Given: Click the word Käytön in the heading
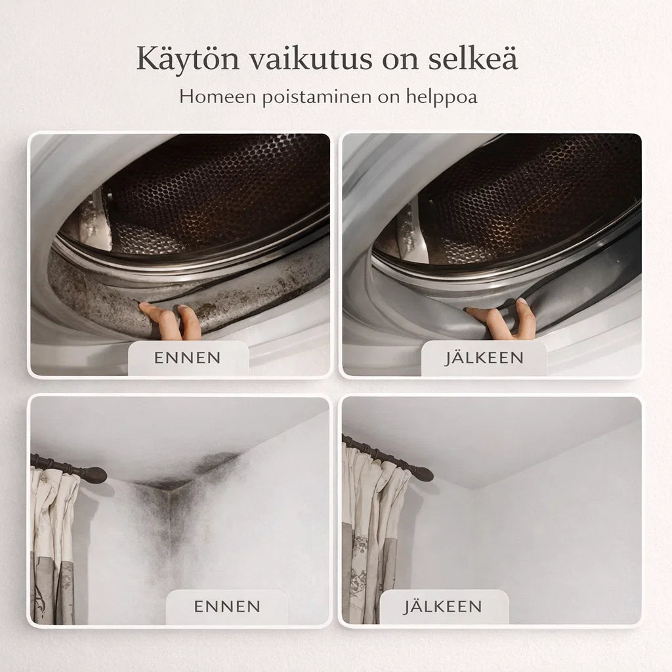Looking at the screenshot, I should (186, 58).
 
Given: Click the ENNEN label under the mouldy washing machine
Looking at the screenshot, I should (188, 358).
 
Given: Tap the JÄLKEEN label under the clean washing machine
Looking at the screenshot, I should (484, 358).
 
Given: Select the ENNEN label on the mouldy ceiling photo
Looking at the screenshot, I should (227, 606).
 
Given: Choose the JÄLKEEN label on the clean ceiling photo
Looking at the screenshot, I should (444, 606).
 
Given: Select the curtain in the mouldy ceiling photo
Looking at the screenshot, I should (52, 545).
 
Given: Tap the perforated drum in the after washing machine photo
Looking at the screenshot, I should (525, 190).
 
